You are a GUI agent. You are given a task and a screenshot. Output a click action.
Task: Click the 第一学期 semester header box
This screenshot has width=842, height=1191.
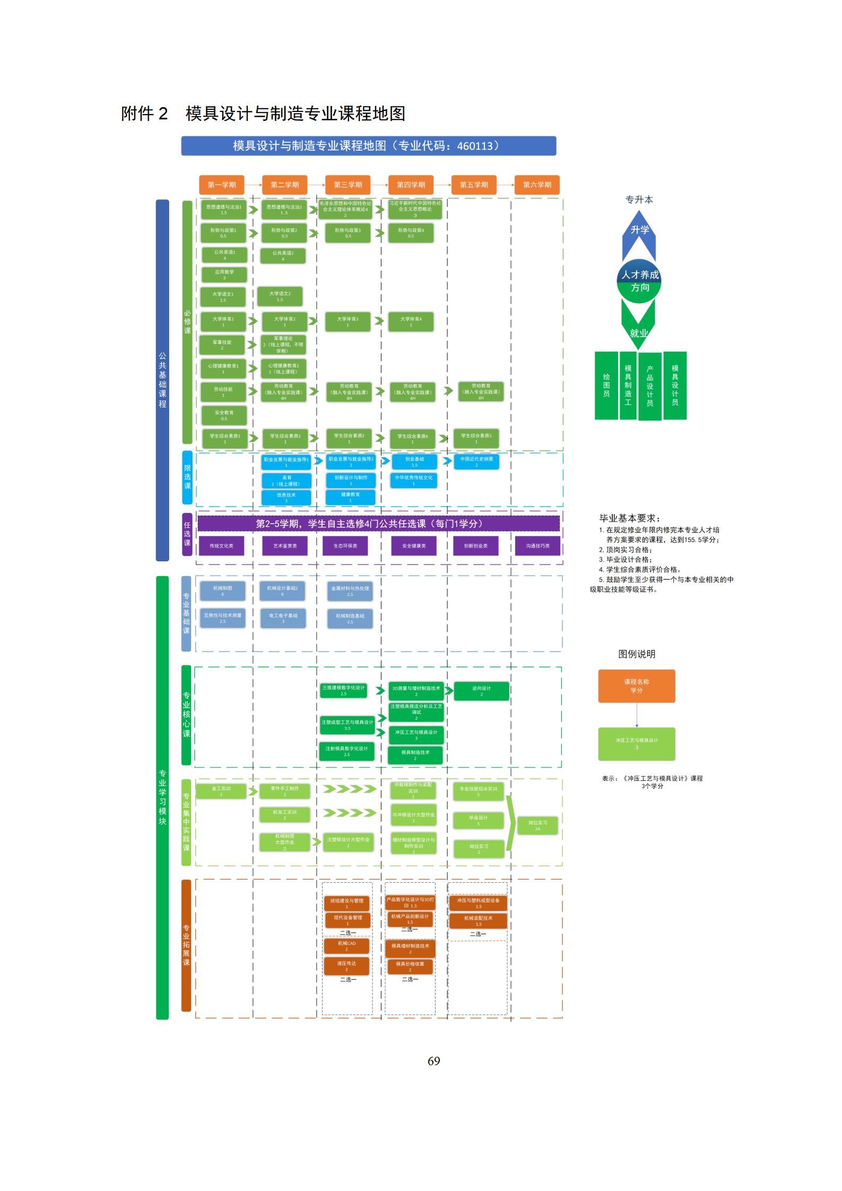pos(221,185)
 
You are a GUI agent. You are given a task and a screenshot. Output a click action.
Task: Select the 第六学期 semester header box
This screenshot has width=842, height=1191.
pos(537,185)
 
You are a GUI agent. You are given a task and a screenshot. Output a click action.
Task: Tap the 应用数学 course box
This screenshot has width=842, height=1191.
pos(224,274)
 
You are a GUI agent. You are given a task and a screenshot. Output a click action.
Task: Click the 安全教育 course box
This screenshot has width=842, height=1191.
pos(224,415)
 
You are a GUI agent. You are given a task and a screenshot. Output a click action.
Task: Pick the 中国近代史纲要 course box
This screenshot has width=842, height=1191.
pos(476,462)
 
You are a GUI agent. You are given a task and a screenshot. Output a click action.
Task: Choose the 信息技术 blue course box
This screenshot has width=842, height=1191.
pos(286,497)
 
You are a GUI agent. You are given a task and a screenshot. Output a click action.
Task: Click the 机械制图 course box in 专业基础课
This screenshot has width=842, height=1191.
pos(222,590)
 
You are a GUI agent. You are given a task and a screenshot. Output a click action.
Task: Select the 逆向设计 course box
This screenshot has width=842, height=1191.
pos(481,691)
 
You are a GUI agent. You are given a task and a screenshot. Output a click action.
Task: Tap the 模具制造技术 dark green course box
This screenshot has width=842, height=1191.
pos(415,754)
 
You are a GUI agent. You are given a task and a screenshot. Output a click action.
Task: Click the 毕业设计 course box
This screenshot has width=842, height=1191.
pos(478,820)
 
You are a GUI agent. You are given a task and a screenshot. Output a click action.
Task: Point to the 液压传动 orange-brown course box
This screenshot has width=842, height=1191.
pos(346,966)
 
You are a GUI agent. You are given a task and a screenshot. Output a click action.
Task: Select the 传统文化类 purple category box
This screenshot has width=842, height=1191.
pos(221,546)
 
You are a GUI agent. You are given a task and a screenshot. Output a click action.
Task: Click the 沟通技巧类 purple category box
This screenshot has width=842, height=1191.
pos(537,546)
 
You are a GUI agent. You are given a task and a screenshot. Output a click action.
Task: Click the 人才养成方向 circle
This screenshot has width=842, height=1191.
pos(639,281)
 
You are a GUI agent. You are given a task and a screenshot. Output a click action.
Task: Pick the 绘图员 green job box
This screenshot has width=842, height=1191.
pos(606,385)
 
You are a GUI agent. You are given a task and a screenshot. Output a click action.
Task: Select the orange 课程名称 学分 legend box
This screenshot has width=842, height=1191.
pos(636,686)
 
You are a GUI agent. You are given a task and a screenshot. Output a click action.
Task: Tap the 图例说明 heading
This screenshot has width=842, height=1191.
pos(636,654)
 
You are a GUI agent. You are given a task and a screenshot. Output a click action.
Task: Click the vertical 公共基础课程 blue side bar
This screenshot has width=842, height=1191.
pos(162,380)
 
